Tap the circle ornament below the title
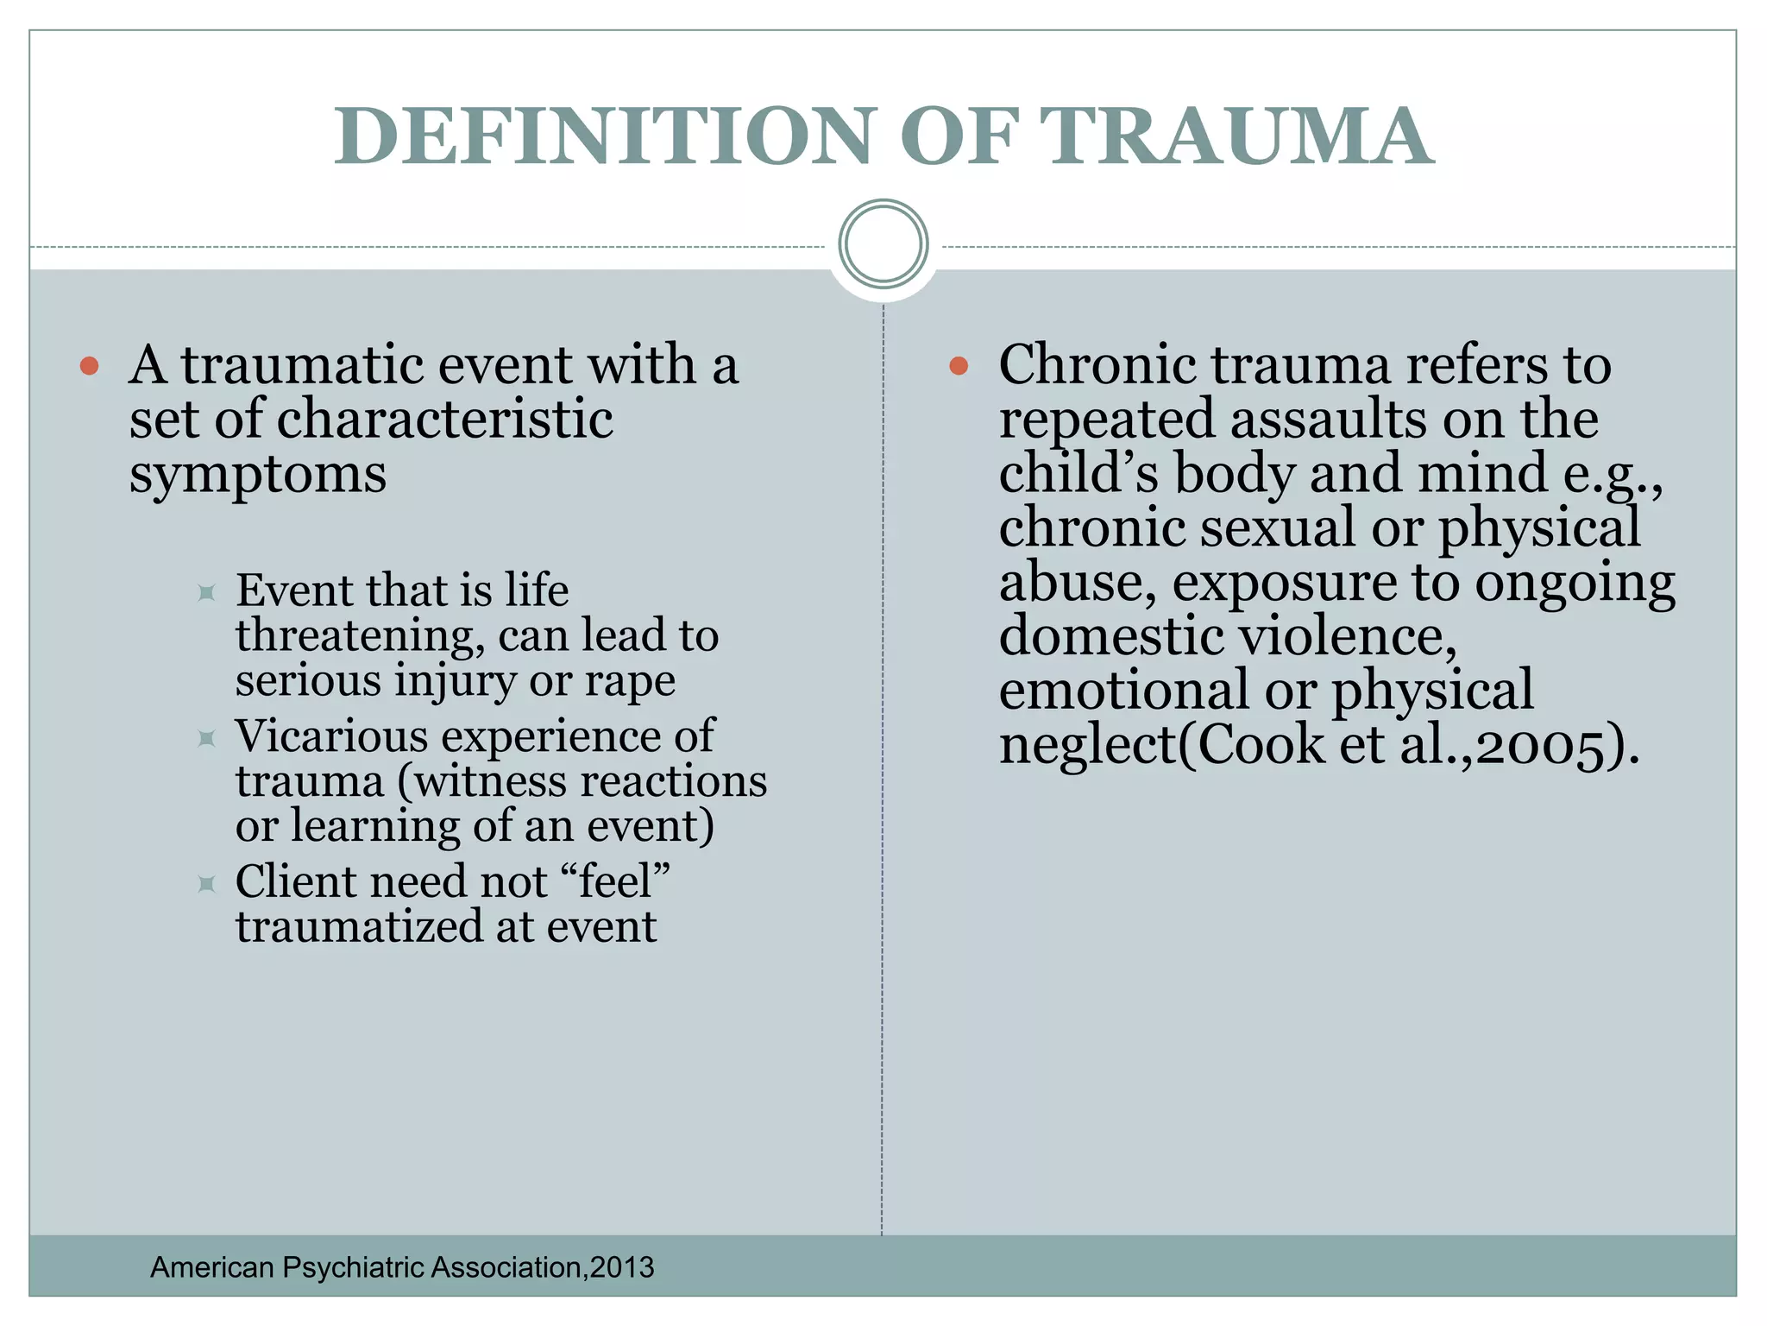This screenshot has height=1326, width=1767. click(883, 244)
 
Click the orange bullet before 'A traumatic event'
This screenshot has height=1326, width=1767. click(89, 366)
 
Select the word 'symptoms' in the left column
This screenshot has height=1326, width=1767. click(257, 475)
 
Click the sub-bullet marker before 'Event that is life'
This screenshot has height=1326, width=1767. click(206, 593)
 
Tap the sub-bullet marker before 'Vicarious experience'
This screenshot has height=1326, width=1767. click(206, 739)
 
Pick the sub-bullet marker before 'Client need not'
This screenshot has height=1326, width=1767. click(206, 884)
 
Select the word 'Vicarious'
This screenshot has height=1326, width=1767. click(331, 736)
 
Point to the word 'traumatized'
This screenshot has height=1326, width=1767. click(358, 927)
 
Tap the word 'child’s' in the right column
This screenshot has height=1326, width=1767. click(1078, 474)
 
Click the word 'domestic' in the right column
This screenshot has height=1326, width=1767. click(1111, 637)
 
